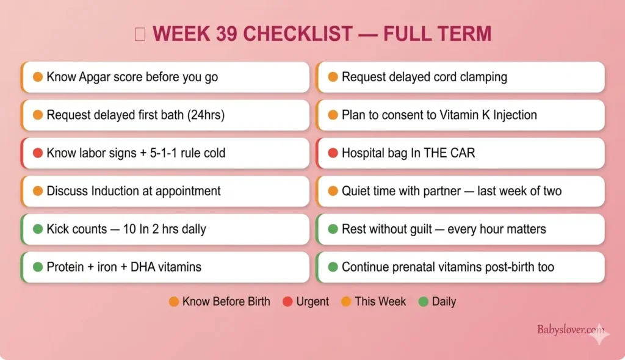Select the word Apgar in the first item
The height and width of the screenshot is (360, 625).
(x=93, y=77)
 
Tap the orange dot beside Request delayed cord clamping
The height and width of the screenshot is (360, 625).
(x=333, y=77)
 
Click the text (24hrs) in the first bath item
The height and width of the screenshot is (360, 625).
(x=204, y=115)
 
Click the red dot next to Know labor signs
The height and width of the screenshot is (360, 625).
(x=37, y=153)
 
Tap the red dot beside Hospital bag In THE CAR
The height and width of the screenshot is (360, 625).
(x=333, y=153)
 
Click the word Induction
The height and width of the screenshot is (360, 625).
(x=118, y=191)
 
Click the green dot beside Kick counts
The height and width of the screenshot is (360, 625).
(x=37, y=229)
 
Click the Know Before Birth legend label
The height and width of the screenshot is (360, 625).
(x=226, y=301)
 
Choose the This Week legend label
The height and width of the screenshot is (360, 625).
(x=380, y=301)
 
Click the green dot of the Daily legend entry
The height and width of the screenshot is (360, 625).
(x=424, y=301)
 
